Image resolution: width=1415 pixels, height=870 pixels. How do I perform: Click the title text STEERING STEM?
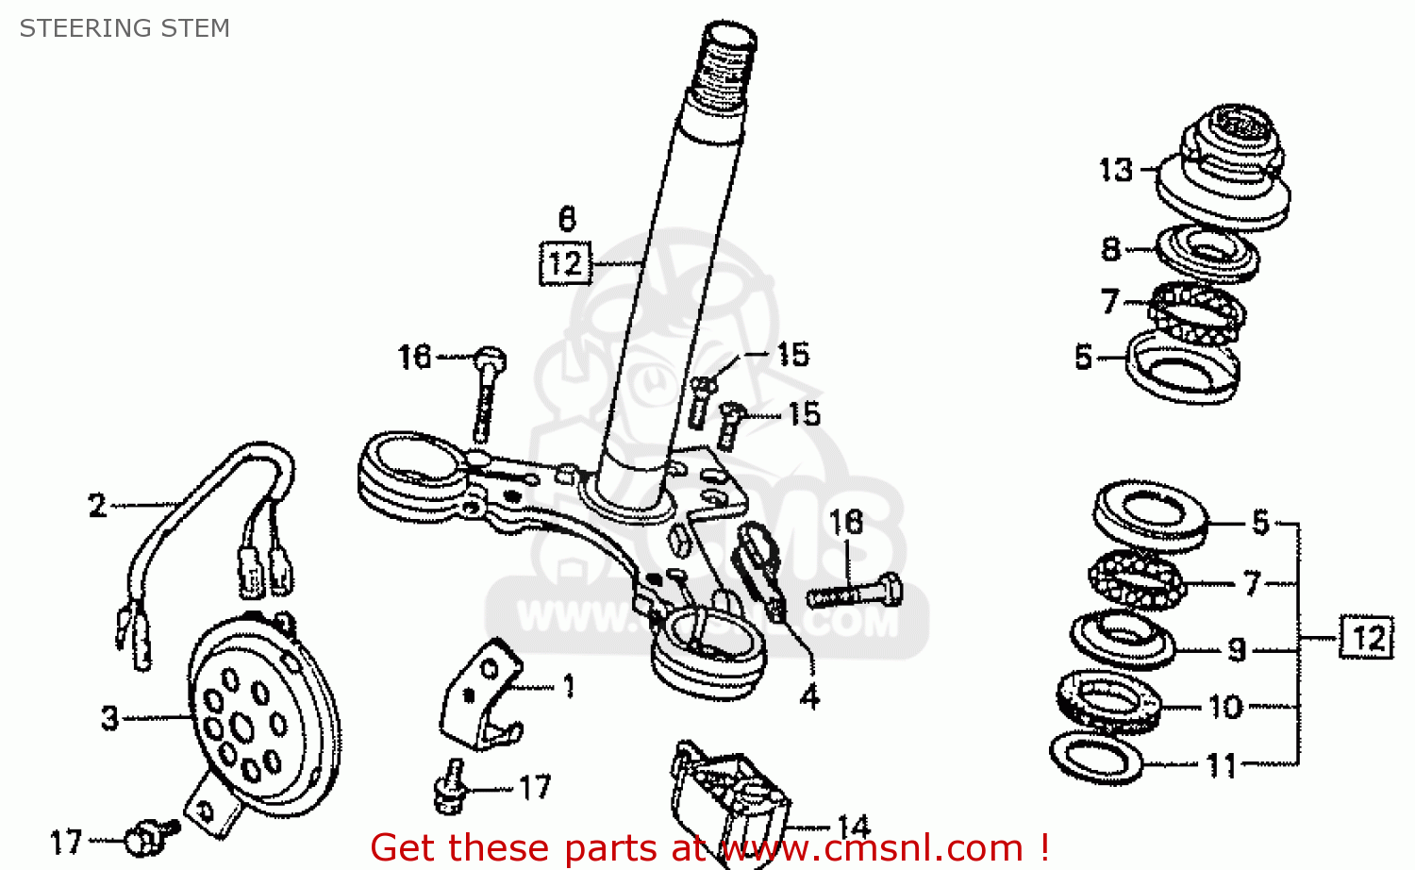[125, 28]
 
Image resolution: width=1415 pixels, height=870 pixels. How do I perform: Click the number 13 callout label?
[1116, 170]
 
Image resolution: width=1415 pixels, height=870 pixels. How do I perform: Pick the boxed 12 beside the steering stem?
[565, 262]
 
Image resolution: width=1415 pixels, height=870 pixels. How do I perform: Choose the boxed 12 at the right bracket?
[1366, 639]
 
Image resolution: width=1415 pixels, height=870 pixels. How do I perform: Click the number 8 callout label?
[1110, 249]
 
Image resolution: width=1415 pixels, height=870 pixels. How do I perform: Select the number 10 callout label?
[1225, 707]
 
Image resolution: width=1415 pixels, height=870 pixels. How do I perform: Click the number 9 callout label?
[1237, 649]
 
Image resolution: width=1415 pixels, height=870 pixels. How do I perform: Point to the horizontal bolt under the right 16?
[855, 594]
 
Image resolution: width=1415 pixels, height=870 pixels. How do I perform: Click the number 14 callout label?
[853, 827]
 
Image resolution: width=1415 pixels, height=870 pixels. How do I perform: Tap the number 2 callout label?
[97, 506]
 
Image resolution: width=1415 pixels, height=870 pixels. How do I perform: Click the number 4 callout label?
[809, 697]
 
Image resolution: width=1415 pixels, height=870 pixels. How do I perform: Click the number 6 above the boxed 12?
[566, 219]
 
